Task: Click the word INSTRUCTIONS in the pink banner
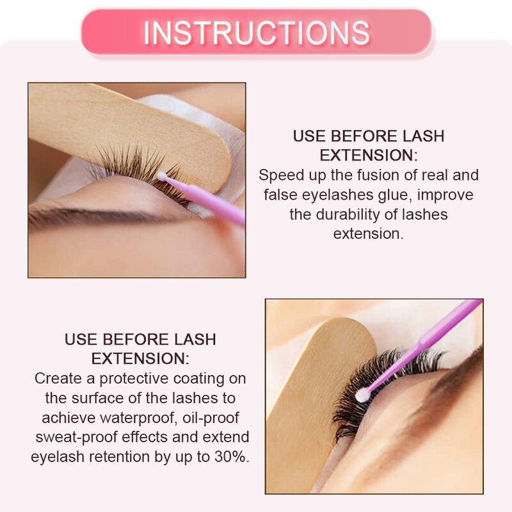pos(256,33)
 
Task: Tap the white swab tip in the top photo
pos(163,173)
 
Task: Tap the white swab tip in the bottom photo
pos(363,396)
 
